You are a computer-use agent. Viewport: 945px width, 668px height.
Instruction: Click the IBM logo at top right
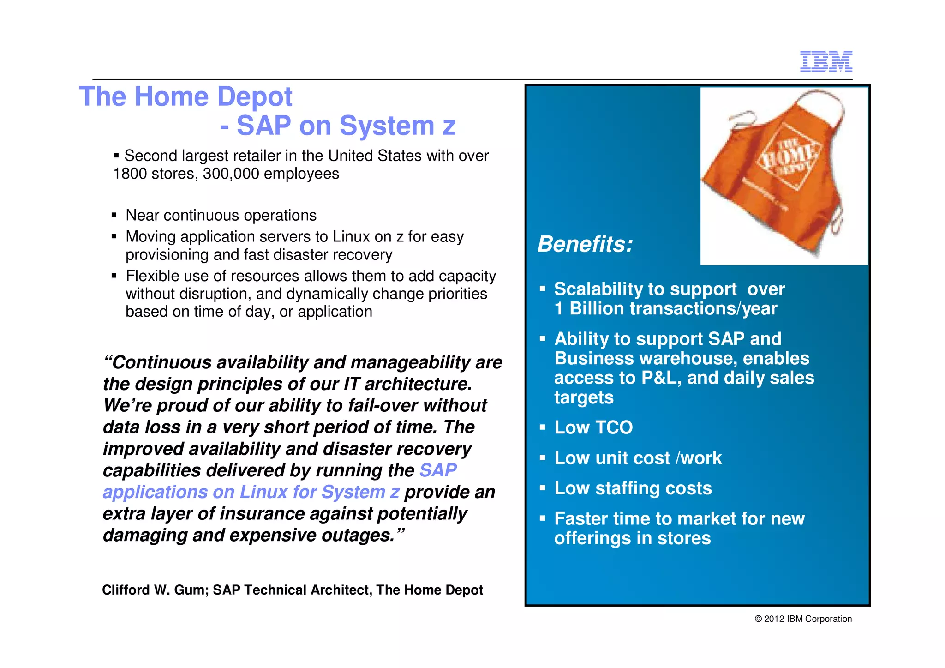coord(825,61)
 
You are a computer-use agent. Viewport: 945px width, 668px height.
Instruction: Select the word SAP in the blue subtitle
coord(263,126)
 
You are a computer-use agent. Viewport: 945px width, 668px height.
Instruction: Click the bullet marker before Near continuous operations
coord(114,215)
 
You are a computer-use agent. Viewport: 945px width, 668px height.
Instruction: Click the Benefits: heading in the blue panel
coord(585,244)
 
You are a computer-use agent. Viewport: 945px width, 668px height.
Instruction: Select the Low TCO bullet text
coord(593,427)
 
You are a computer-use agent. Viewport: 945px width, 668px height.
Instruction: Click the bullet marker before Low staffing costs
coord(543,488)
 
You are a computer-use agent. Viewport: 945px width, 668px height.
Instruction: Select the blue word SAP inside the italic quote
coord(437,470)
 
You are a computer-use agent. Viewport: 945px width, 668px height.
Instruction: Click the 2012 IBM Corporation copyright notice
coord(803,619)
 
